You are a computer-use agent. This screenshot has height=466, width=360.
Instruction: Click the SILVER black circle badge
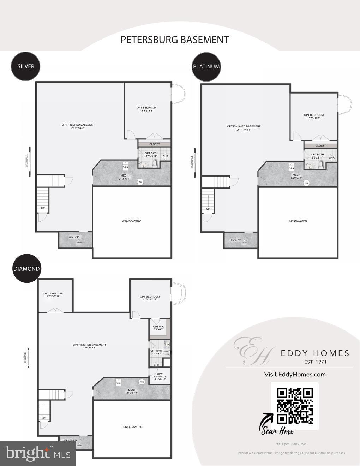pyautogui.click(x=26, y=66)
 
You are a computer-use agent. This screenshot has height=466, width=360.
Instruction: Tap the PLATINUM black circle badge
pyautogui.click(x=206, y=66)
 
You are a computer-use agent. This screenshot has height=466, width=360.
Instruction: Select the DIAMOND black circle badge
pyautogui.click(x=26, y=268)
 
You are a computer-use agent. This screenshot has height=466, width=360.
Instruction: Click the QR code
pyautogui.click(x=295, y=406)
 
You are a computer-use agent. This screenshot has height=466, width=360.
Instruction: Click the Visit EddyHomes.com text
pyautogui.click(x=295, y=374)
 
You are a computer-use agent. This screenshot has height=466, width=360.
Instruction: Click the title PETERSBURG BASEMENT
pyautogui.click(x=175, y=40)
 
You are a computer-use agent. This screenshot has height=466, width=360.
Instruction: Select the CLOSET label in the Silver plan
pyautogui.click(x=154, y=144)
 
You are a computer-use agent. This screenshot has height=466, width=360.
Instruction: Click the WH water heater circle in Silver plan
pyautogui.click(x=140, y=182)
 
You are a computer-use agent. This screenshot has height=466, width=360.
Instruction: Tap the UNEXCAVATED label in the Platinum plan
pyautogui.click(x=297, y=221)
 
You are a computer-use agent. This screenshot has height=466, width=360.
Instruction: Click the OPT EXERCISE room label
pyautogui.click(x=53, y=293)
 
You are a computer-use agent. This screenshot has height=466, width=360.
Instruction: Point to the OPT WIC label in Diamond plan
pyautogui.click(x=158, y=327)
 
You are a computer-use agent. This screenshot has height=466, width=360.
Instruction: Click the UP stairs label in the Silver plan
pyautogui.click(x=43, y=208)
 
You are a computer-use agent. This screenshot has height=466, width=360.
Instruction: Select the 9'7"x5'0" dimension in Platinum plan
pyautogui.click(x=236, y=240)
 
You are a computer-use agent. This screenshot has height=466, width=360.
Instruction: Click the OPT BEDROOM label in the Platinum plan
pyautogui.click(x=314, y=115)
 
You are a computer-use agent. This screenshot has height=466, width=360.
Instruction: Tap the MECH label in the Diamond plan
pyautogui.click(x=132, y=390)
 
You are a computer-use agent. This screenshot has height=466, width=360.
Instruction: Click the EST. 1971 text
pyautogui.click(x=315, y=362)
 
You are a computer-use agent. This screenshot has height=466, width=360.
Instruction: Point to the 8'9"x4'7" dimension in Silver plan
pyautogui.click(x=74, y=237)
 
